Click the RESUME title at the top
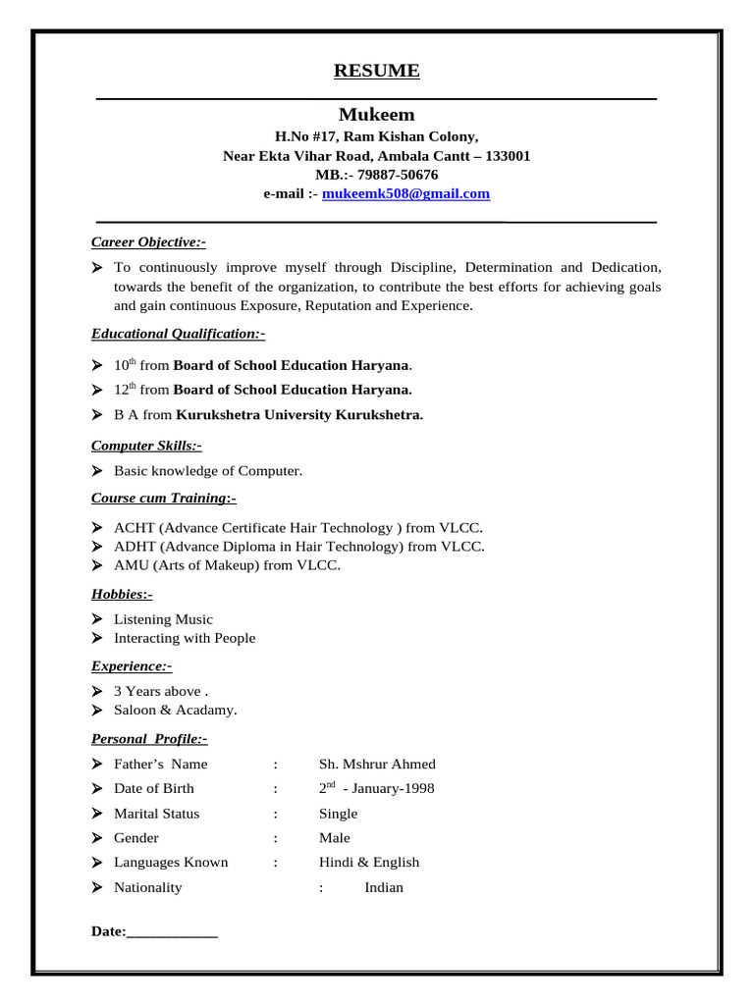[376, 71]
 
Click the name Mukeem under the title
[376, 115]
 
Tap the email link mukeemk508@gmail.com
[405, 194]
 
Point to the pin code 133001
[509, 156]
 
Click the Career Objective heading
[148, 242]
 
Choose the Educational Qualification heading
[178, 334]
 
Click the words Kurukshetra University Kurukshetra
[299, 414]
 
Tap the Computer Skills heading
[146, 446]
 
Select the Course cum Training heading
[164, 498]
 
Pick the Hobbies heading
[122, 594]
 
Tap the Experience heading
[132, 665]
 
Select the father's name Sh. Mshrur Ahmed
[377, 764]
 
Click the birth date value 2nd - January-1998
[376, 788]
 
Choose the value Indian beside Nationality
[384, 887]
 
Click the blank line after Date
[172, 931]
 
